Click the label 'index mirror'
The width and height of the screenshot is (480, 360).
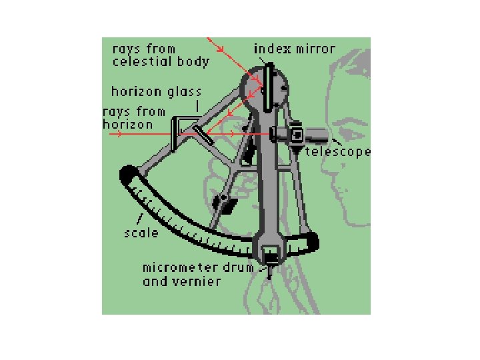coord(294,49)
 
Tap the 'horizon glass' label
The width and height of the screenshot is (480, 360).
coord(156,92)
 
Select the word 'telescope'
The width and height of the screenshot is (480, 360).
coord(337,152)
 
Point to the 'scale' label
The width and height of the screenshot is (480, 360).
coord(141,233)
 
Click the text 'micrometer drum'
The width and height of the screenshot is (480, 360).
coord(198,268)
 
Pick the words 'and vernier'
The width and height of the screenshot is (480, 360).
coord(181,281)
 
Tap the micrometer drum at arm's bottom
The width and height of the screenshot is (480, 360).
coord(271,254)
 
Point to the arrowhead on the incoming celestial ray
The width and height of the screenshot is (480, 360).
coord(220,49)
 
